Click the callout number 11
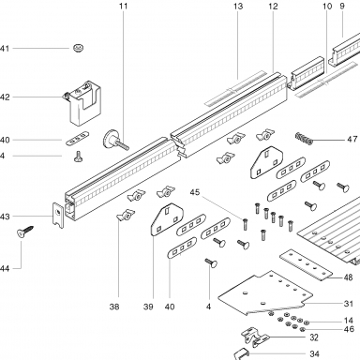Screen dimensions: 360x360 (124, 7)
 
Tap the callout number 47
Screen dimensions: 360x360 (352, 139)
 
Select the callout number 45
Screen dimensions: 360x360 (195, 192)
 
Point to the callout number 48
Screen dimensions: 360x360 (348, 277)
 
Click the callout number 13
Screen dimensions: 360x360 (238, 7)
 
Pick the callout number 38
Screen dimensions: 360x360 (114, 307)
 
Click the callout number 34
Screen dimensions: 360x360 (315, 354)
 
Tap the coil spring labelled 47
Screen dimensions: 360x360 (304, 139)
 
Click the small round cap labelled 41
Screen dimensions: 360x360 (79, 48)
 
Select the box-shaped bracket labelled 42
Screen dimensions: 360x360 (82, 103)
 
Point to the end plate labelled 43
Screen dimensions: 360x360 (58, 216)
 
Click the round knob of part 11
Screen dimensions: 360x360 (110, 140)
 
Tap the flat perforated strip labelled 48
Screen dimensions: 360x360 (306, 265)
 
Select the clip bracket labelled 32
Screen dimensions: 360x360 (255, 337)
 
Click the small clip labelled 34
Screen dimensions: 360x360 (242, 353)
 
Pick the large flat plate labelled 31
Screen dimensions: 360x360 (265, 292)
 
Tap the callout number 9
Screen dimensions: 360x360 (342, 7)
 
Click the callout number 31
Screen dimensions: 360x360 (348, 304)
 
